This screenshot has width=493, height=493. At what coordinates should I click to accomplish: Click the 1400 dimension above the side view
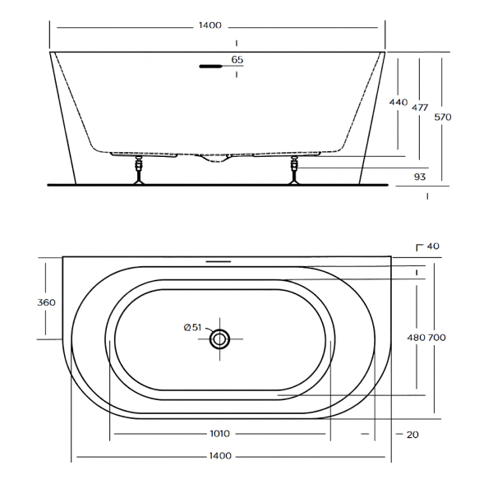(x=210, y=25)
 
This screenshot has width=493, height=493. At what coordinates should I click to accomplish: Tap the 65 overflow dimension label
(x=237, y=59)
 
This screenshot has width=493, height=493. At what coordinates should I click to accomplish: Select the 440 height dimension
(x=398, y=102)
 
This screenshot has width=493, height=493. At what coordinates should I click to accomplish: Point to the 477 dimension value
(x=420, y=108)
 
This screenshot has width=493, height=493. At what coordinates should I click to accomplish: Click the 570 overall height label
(x=443, y=117)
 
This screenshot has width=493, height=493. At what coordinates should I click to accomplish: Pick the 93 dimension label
(x=420, y=177)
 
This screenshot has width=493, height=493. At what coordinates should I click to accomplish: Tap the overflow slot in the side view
(x=210, y=67)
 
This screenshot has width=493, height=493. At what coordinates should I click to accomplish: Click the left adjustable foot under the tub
(x=139, y=170)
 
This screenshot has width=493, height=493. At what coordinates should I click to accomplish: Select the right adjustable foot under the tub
(x=294, y=170)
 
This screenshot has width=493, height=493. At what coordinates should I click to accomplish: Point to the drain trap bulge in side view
(x=215, y=158)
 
